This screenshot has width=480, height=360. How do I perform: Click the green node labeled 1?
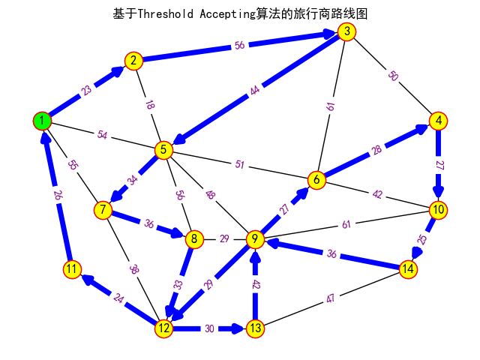(43, 121)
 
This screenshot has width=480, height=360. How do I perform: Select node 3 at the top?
(346, 31)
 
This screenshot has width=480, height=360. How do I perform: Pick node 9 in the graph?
(255, 239)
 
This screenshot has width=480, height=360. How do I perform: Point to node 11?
(72, 269)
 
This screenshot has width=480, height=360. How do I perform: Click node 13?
(255, 328)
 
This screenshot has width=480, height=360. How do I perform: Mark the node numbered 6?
(316, 180)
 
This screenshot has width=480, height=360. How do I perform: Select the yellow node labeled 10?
(438, 210)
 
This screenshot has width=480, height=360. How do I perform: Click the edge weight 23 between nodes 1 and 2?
(87, 91)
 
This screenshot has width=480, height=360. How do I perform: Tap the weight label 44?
(255, 91)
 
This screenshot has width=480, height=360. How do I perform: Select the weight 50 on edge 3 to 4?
(392, 76)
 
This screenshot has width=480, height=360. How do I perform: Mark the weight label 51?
(240, 165)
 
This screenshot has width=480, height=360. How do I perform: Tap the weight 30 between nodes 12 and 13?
(209, 328)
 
